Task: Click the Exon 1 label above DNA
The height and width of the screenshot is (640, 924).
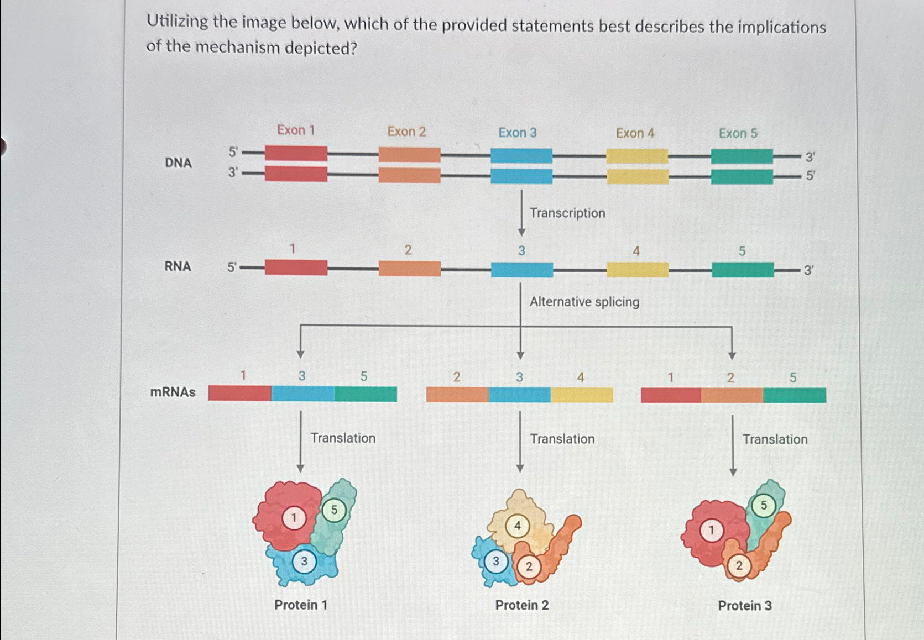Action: pyautogui.click(x=295, y=130)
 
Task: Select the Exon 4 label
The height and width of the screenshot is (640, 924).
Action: pyautogui.click(x=635, y=133)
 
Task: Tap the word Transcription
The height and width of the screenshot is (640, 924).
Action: pyautogui.click(x=567, y=213)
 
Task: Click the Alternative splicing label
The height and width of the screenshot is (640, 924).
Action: pyautogui.click(x=584, y=302)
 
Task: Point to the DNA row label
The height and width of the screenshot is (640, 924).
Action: pyautogui.click(x=178, y=162)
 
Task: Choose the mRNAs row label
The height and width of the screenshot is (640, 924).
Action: pyautogui.click(x=173, y=392)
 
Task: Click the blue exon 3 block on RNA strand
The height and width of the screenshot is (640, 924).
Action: pyautogui.click(x=521, y=270)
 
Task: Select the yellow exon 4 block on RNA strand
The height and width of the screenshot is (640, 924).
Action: pyautogui.click(x=637, y=270)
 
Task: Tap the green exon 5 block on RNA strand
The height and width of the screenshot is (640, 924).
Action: pyautogui.click(x=742, y=270)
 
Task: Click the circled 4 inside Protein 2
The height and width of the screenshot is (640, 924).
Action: pyautogui.click(x=518, y=526)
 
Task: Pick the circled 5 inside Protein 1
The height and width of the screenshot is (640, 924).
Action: pyautogui.click(x=333, y=510)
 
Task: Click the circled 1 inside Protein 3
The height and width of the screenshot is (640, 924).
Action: pyautogui.click(x=711, y=531)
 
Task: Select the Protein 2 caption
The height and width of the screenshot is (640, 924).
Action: pyautogui.click(x=521, y=605)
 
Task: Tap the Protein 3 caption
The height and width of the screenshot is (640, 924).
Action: pyautogui.click(x=744, y=606)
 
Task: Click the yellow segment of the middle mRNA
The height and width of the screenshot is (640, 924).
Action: pyautogui.click(x=582, y=395)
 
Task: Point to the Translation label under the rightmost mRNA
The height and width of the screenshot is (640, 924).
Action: pyautogui.click(x=774, y=439)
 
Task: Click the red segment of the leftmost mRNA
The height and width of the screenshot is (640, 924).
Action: pyautogui.click(x=239, y=393)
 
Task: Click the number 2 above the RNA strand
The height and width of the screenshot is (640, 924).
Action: pyautogui.click(x=408, y=250)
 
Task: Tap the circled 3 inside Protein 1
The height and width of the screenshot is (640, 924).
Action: pyautogui.click(x=304, y=562)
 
